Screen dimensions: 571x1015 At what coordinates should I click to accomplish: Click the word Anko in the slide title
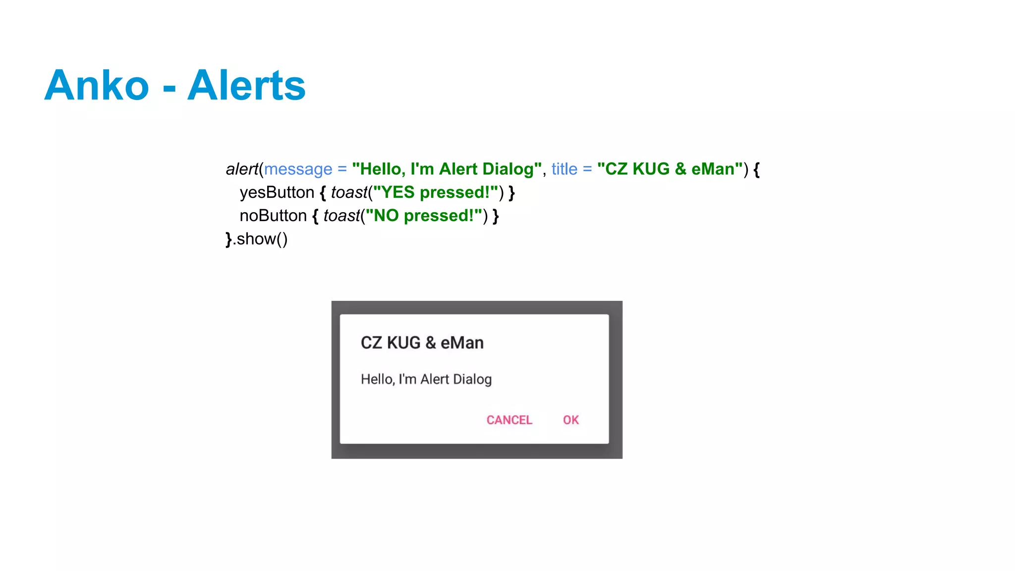(97, 85)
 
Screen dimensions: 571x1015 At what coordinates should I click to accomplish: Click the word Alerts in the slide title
(246, 85)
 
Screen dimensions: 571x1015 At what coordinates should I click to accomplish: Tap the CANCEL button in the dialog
(509, 420)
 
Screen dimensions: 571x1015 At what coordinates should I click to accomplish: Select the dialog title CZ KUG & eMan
(422, 343)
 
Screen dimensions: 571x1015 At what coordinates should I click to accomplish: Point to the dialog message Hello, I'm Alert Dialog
(426, 379)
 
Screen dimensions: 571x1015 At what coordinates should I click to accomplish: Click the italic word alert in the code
(242, 169)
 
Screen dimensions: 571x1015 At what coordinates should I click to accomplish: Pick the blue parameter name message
(298, 169)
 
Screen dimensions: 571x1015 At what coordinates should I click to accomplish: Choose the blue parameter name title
(564, 169)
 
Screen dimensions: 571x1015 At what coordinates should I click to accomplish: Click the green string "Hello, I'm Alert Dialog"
(447, 169)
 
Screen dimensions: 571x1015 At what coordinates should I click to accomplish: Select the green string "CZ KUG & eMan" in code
(670, 169)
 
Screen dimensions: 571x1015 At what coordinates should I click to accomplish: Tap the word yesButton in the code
(277, 192)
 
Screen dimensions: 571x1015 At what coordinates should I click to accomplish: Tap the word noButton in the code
(273, 216)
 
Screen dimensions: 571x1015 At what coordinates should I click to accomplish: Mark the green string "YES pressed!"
(435, 192)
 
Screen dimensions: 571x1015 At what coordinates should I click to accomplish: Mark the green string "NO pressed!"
(424, 216)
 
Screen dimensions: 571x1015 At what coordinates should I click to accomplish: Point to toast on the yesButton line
(349, 192)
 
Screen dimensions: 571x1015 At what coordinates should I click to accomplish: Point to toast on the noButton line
(341, 216)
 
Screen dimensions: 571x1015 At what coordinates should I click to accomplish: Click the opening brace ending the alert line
(756, 170)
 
